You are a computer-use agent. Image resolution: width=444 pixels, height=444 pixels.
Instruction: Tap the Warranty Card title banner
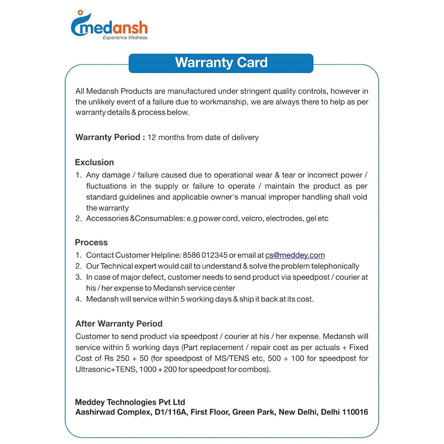point(221,63)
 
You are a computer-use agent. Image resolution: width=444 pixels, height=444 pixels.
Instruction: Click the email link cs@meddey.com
point(295,255)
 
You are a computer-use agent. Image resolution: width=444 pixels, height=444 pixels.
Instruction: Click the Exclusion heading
point(94,162)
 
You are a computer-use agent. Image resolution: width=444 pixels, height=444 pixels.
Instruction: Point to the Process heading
point(91,242)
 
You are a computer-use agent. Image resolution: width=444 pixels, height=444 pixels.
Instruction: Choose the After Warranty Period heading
point(119,324)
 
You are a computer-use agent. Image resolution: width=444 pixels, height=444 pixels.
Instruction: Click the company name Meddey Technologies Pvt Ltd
point(130,402)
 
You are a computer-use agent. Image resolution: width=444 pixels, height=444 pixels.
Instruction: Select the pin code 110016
point(355,412)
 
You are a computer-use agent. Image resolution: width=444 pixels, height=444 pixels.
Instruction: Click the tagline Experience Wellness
point(125,38)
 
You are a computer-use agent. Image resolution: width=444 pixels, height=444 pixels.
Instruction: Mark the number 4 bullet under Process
point(78,299)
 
